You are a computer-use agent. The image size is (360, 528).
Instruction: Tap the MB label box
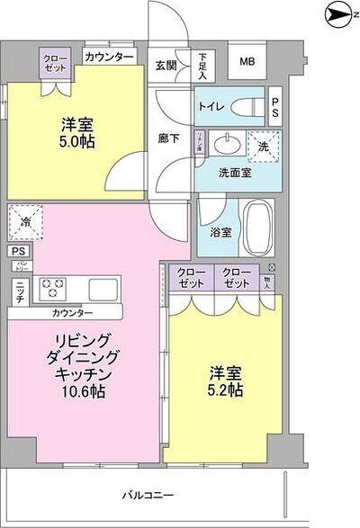(x=246, y=62)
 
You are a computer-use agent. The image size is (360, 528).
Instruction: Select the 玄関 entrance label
(x=166, y=65)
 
